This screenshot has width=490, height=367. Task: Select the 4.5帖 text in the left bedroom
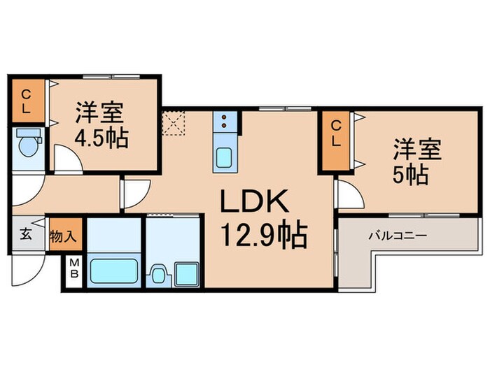[x=101, y=137]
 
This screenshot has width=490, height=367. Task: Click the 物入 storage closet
[x=63, y=236]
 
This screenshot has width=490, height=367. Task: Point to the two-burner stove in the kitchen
[x=225, y=122]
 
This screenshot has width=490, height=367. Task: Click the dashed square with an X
[x=172, y=123]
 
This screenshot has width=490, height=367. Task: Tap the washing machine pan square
[x=187, y=273]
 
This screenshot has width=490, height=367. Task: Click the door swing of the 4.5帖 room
[x=69, y=159]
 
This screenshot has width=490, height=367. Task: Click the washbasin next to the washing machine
[x=158, y=273]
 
